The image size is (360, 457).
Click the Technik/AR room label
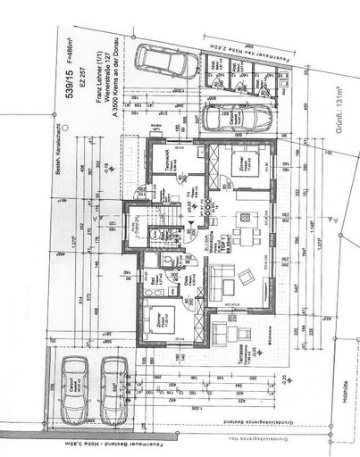coord(170,162)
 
